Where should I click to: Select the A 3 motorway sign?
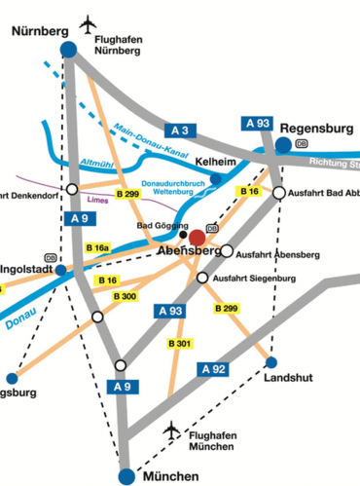pos(179,130)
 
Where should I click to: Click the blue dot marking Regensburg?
pos(283,144)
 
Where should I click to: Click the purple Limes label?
pos(97,201)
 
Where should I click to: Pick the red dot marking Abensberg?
pos(198,237)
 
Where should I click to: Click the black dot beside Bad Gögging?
pos(183,234)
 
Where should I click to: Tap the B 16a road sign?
pos(97,250)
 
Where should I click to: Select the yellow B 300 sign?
pos(125,296)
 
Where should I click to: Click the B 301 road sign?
pos(179,344)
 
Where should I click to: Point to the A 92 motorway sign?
pos(213,368)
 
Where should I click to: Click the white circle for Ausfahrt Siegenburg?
pos(202,279)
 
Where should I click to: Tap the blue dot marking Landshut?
pos(271,362)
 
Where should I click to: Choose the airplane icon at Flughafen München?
pos(173,430)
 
